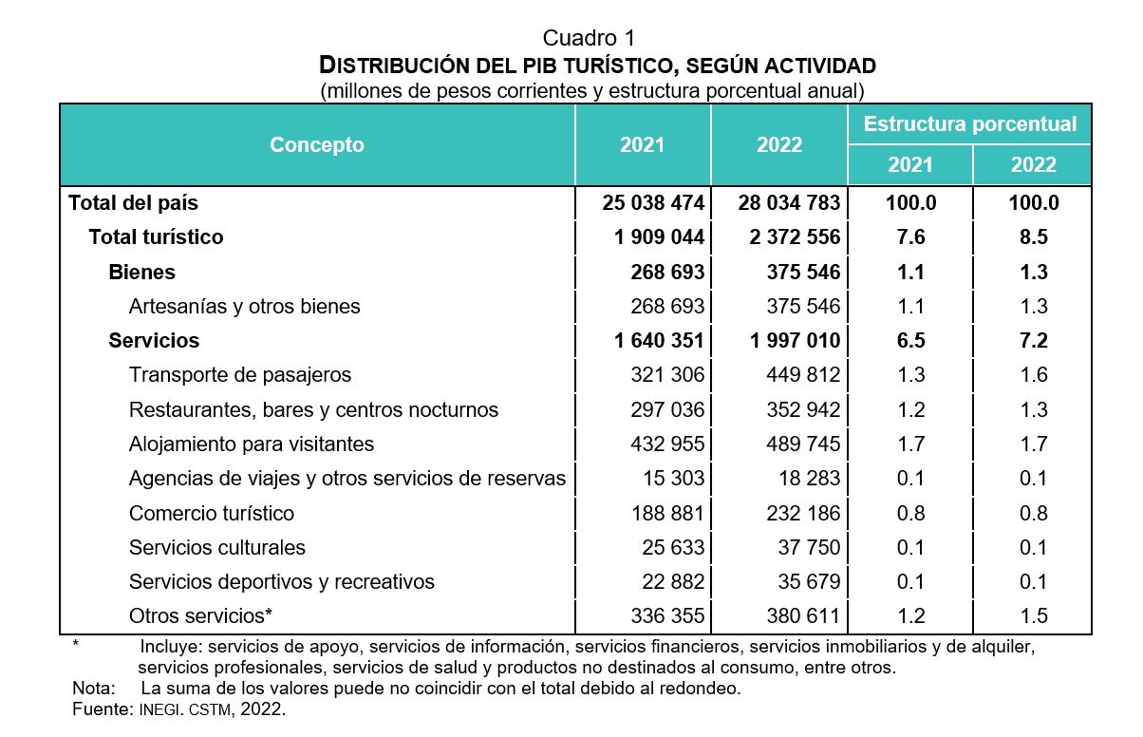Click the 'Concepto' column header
317,144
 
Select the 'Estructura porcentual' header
969,124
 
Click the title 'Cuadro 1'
589,38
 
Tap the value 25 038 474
653,202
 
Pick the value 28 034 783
789,202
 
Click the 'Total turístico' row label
156,236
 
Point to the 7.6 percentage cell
910,236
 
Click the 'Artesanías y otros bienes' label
244,306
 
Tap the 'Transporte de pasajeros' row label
239,374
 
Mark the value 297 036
667,409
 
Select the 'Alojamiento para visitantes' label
252,444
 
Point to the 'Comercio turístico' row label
212,513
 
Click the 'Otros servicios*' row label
200,615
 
